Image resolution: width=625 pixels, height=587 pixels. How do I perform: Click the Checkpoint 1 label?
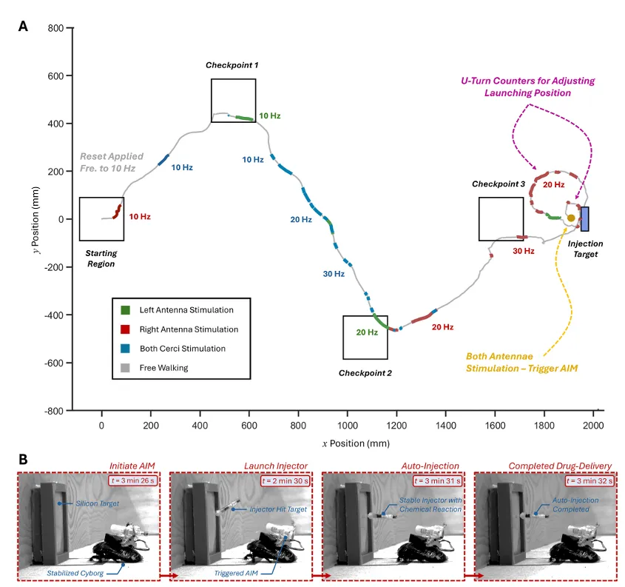click(232, 65)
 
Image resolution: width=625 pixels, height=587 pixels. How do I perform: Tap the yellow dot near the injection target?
click(571, 218)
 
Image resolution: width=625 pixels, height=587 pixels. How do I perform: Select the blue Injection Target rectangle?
click(584, 219)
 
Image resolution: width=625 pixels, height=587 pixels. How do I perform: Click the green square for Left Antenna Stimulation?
click(125, 310)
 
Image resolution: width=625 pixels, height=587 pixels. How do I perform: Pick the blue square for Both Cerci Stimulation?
click(125, 348)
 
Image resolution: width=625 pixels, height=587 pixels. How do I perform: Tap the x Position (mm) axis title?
click(356, 443)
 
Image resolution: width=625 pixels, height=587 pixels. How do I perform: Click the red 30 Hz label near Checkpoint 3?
click(524, 251)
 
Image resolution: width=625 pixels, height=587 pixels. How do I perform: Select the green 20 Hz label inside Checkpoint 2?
click(367, 332)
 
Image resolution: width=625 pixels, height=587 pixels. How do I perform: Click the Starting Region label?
click(101, 258)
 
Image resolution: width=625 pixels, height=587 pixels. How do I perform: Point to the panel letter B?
click(23, 460)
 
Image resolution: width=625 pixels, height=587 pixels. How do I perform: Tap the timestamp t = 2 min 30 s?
click(285, 481)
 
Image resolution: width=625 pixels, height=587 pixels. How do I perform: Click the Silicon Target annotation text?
click(97, 503)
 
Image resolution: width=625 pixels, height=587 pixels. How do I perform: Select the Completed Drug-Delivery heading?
click(560, 466)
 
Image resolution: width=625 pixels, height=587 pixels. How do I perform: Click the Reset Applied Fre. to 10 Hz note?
click(112, 162)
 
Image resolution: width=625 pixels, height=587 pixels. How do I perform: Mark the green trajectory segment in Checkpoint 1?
click(244, 118)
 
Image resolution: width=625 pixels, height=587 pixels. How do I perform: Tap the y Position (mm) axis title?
click(36, 220)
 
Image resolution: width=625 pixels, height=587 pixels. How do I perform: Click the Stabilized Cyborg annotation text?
click(75, 573)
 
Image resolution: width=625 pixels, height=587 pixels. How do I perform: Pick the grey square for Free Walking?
click(125, 368)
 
